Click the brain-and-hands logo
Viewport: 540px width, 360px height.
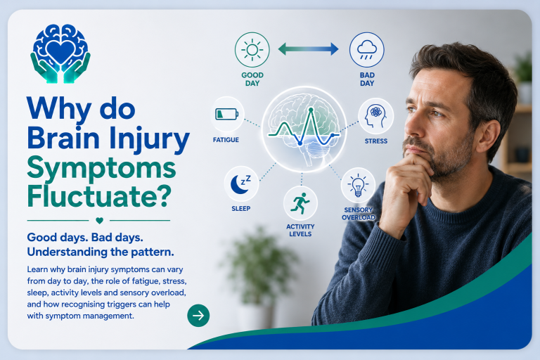pos(60,53)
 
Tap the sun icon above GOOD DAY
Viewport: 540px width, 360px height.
pos(252,50)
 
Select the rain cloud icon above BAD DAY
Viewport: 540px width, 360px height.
pos(367,50)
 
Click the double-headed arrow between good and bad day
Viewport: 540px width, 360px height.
pos(308,49)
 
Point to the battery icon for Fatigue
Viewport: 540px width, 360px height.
pos(226,114)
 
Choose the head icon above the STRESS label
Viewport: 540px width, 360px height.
pos(375,116)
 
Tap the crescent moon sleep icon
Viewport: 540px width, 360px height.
pos(240,184)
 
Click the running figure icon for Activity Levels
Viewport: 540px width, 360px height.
pos(300,203)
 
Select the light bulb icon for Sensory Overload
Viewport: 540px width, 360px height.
pos(358,186)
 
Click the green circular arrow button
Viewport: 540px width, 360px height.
pos(198,315)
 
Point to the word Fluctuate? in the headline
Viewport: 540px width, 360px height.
pos(100,195)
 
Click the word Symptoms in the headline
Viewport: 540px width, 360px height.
pos(101,168)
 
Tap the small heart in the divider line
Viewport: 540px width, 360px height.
pos(100,221)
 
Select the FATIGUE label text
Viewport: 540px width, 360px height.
pos(226,139)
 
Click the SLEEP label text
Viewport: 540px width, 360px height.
pos(240,208)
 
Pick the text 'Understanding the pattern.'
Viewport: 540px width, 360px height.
pos(101,252)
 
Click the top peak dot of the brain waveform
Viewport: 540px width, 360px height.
pos(311,110)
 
